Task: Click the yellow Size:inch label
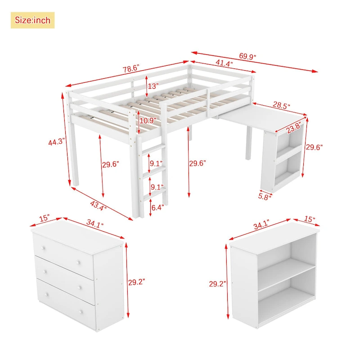(x=32, y=20)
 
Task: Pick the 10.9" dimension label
(x=148, y=121)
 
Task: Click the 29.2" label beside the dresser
(x=137, y=282)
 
